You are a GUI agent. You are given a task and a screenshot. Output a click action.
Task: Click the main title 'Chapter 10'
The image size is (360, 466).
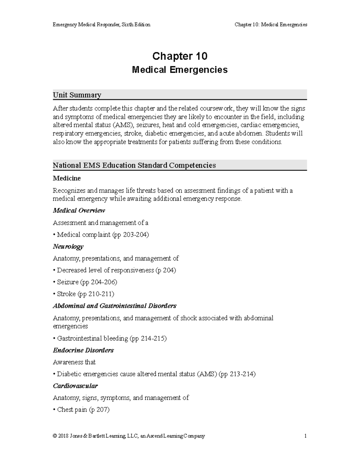point(180,56)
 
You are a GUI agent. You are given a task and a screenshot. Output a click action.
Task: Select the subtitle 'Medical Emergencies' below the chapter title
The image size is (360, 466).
point(180,70)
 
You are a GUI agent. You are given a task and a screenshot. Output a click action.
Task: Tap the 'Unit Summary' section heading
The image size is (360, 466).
point(77,95)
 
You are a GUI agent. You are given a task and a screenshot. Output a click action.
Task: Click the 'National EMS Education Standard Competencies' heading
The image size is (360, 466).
point(134,165)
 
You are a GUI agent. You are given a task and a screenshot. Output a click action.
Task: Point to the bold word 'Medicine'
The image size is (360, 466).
point(67,179)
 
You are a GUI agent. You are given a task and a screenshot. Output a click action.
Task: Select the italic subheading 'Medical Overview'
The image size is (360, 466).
point(79,211)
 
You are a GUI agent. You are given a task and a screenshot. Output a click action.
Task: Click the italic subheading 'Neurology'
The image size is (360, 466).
point(68,247)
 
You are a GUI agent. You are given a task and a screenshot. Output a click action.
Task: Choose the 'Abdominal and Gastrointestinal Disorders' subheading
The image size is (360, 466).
point(115,306)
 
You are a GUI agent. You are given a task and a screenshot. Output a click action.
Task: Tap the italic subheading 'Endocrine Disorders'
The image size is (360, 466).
point(83,350)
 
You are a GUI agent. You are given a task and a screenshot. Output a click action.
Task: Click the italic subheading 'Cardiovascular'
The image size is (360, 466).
point(75,386)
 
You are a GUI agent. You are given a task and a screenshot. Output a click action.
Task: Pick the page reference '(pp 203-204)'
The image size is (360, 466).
point(130,235)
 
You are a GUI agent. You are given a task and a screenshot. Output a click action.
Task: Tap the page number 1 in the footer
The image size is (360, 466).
point(305,436)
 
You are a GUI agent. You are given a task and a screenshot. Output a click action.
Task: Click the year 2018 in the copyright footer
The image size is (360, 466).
point(63,436)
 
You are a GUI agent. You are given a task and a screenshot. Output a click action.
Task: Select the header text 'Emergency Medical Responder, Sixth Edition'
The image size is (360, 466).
point(101,25)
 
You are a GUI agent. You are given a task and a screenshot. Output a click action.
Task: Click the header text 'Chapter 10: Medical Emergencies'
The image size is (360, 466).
point(271,25)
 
